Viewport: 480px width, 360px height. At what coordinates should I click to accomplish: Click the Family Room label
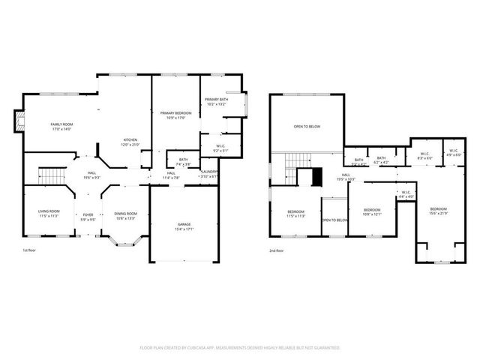[x=61, y=126]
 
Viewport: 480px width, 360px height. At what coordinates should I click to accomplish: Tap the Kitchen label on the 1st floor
[x=130, y=142]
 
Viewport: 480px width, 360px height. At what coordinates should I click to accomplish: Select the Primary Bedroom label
[x=175, y=115]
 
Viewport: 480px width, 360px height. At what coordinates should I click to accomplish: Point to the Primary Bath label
[x=216, y=102]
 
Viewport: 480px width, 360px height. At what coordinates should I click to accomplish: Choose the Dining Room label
[x=125, y=215]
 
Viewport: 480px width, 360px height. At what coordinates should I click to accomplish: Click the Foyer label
[x=88, y=217]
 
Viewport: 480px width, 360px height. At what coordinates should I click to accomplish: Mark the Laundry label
[x=209, y=173]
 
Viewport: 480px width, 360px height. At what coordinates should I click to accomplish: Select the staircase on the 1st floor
[x=52, y=176]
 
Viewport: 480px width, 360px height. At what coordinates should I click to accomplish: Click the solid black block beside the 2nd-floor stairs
[x=317, y=177]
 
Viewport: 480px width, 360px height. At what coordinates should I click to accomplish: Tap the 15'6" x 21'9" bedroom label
[x=438, y=210]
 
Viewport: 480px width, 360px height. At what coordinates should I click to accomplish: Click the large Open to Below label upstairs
[x=307, y=126]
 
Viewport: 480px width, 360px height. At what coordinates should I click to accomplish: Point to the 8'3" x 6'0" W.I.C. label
[x=424, y=156]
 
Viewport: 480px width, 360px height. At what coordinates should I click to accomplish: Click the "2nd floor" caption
[x=277, y=251]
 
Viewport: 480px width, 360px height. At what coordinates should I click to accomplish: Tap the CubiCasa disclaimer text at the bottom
[x=240, y=348]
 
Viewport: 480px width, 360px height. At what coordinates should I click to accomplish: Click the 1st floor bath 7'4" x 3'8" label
[x=183, y=161]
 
